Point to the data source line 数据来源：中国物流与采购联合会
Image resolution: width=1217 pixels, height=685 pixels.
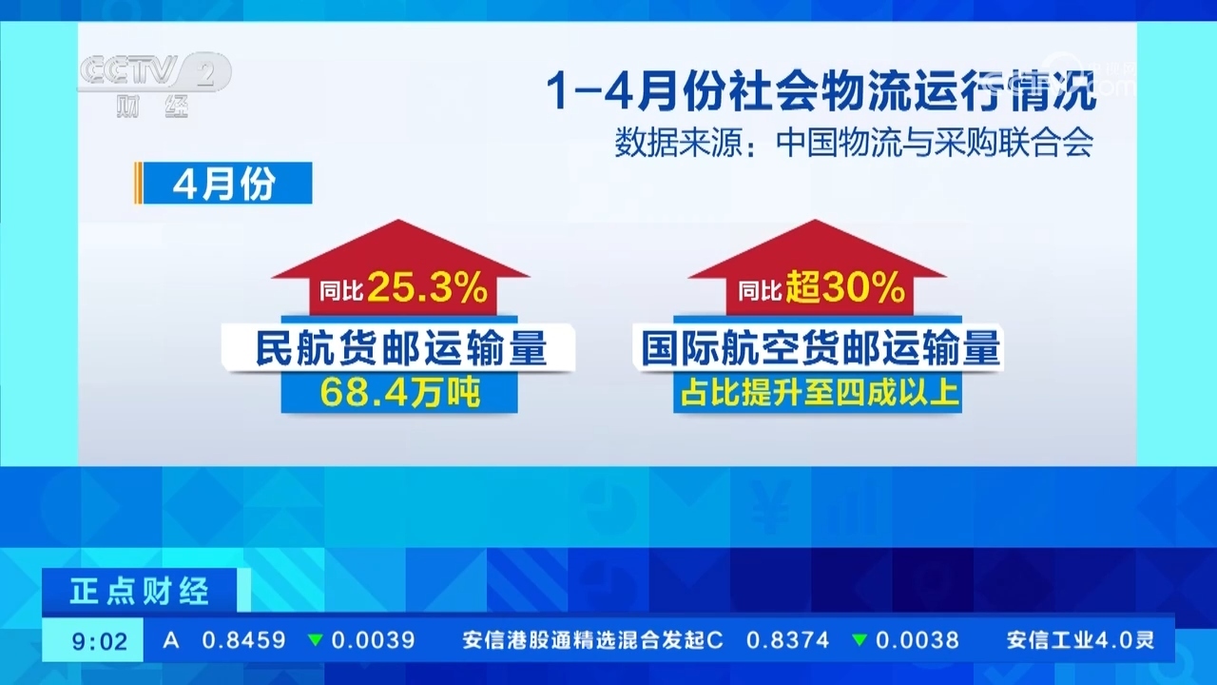pyautogui.click(x=854, y=143)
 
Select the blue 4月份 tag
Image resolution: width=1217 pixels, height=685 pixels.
pyautogui.click(x=224, y=184)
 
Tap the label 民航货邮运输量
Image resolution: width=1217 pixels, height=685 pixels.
pyautogui.click(x=400, y=349)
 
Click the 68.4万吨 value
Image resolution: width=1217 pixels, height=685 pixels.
pyautogui.click(x=399, y=392)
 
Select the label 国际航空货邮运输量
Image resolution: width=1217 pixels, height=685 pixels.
pyautogui.click(x=820, y=349)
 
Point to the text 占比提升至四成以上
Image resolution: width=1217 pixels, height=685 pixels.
pyautogui.click(x=818, y=392)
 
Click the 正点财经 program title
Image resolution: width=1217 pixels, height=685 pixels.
pyautogui.click(x=140, y=592)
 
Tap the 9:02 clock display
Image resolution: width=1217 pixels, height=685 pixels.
pyautogui.click(x=100, y=641)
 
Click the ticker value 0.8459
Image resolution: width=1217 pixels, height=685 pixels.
pyautogui.click(x=243, y=640)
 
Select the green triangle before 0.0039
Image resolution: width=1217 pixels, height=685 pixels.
pyautogui.click(x=315, y=640)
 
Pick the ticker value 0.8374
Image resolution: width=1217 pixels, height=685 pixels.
pyautogui.click(x=787, y=640)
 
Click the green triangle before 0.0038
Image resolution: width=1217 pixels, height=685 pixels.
pyautogui.click(x=860, y=640)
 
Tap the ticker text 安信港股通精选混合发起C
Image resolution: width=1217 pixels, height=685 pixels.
pyautogui.click(x=593, y=640)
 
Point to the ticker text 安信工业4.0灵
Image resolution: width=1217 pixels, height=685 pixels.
pyautogui.click(x=1081, y=640)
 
